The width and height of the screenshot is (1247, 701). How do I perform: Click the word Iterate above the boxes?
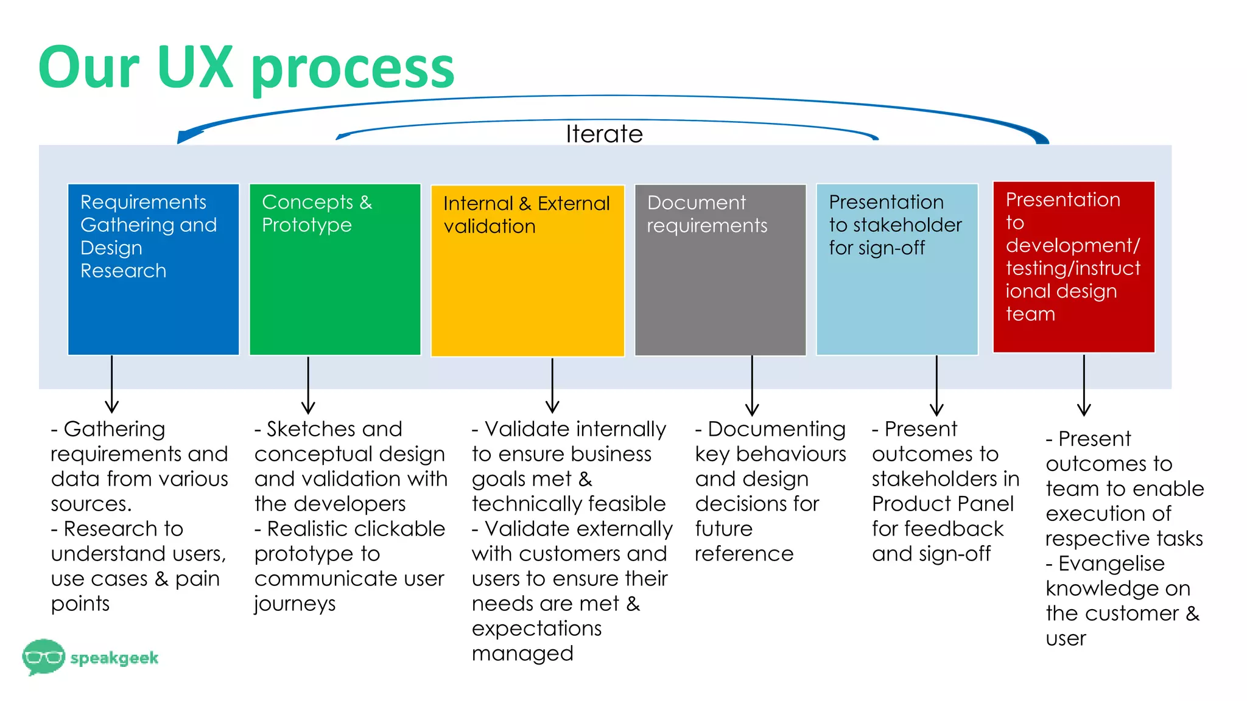[603, 134]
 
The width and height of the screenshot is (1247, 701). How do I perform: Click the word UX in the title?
[195, 67]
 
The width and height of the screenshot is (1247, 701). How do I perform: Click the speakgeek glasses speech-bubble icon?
[43, 657]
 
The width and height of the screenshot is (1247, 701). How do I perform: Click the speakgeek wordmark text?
[114, 658]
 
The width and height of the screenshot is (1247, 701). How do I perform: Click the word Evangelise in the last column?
[1111, 563]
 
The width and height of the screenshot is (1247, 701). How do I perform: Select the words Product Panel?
[943, 504]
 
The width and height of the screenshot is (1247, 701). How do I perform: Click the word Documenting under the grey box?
[777, 429]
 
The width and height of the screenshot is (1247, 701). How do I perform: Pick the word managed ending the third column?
[522, 654]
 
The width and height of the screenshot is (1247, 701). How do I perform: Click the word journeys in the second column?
[295, 604]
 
